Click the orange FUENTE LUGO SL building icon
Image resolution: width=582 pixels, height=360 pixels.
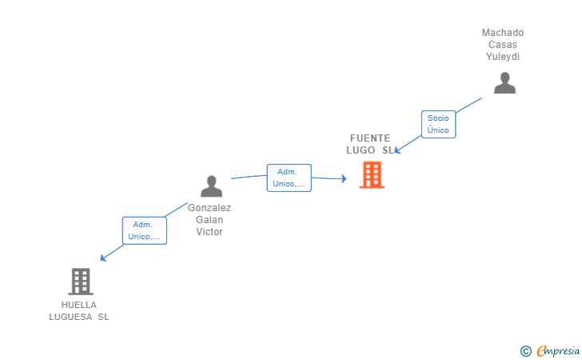pos(372,174)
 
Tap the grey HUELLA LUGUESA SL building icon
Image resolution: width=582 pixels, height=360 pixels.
pos(80,282)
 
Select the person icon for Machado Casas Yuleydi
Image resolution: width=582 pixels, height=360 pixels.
pos(504,83)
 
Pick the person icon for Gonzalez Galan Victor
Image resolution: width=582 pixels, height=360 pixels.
pos(211,186)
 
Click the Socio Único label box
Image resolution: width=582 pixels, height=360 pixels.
pos(438,124)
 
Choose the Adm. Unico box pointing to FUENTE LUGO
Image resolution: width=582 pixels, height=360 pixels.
pos(289,178)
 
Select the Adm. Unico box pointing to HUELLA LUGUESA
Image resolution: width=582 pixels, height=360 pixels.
pos(144,230)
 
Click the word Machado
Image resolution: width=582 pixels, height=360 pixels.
pos(503,33)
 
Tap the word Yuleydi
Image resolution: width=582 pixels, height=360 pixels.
pos(503,57)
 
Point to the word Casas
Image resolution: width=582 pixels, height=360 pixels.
pos(503,45)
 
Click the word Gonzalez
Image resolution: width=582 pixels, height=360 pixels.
pos(209,207)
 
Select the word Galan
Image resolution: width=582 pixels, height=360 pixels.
pos(209,219)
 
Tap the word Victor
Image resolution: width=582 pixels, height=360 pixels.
pos(209,232)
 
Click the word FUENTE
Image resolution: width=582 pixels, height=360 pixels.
pos(370,138)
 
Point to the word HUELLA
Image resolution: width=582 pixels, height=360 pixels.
pos(78,305)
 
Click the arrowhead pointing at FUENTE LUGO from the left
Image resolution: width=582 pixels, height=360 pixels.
pos(344,179)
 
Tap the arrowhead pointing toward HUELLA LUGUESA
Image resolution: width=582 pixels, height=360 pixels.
pos(102,258)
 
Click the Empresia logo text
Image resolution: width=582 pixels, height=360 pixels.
pos(558,350)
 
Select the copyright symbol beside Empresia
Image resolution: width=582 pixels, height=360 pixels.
pos(525,350)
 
